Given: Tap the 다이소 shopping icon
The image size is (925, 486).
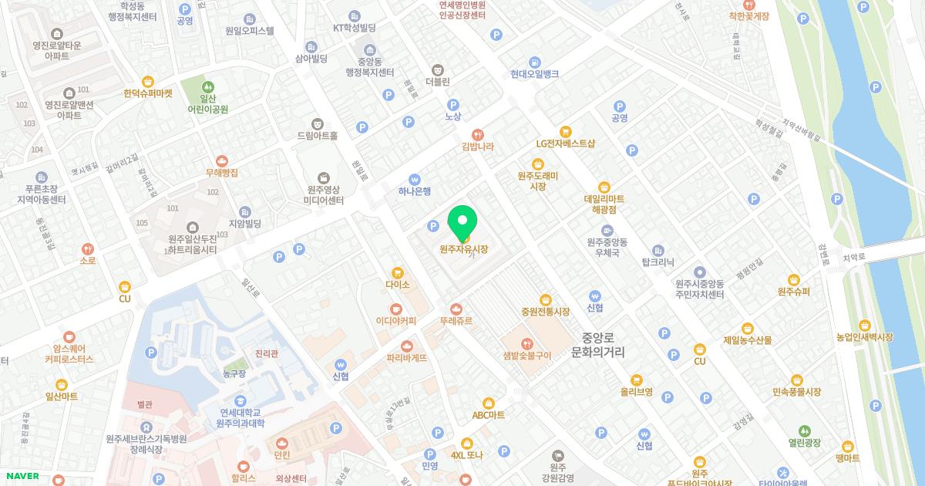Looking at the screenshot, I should [398, 272].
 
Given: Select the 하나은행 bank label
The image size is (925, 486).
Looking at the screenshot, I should [415, 191].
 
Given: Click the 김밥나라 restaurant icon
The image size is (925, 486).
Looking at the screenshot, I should [477, 133].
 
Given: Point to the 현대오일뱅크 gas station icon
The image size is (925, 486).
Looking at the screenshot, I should [534, 62].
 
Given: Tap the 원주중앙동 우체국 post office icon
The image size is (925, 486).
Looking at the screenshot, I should [607, 230].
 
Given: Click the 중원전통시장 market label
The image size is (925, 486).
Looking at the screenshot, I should [545, 312].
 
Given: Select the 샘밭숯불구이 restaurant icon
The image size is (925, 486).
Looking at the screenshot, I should [527, 343].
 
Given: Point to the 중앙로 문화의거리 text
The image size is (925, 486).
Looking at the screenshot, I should [598, 345].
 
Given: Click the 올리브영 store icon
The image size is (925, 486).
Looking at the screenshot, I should [637, 380].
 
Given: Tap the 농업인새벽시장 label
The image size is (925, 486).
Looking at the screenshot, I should [864, 337].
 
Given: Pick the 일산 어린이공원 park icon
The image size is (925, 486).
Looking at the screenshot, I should [207, 87].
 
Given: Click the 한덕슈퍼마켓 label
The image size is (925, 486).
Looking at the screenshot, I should [147, 93].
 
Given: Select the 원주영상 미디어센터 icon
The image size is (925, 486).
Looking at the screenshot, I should [323, 178].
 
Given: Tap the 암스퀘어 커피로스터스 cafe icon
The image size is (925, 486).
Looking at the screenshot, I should [69, 336].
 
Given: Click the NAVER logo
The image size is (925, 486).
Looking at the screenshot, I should [20, 476].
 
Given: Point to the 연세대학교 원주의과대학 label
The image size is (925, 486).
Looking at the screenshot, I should [240, 417].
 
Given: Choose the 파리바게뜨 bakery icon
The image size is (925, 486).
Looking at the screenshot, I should [406, 346].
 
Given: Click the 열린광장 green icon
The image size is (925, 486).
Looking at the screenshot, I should [804, 430].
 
